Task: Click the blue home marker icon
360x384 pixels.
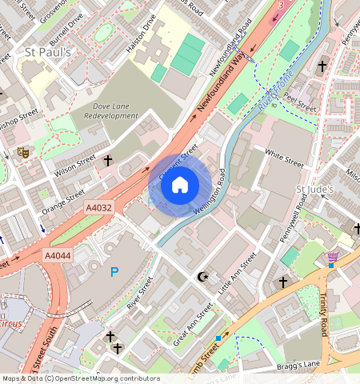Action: click(180, 186)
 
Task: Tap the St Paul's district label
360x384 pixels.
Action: click(42, 53)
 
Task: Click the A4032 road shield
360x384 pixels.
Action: click(100, 208)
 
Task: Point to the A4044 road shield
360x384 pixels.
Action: click(58, 255)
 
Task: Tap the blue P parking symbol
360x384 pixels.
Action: click(114, 273)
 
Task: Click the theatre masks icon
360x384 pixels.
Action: click(23, 150)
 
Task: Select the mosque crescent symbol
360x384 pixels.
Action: click(202, 277)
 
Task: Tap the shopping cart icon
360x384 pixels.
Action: click(333, 256)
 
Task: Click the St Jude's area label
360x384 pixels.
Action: click(313, 190)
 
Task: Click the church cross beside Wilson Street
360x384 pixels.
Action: click(108, 161)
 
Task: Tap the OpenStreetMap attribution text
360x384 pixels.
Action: click(80, 378)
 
